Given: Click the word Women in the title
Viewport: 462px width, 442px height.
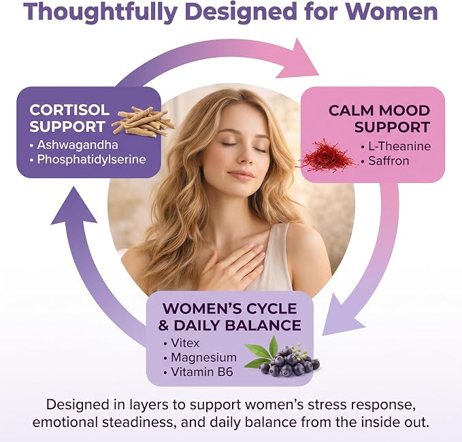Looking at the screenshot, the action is [x=392, y=12].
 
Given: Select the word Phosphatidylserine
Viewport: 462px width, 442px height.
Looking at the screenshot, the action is [x=91, y=159].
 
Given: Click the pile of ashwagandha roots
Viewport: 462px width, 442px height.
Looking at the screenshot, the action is [x=144, y=121].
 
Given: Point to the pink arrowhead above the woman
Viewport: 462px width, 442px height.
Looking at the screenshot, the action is [x=297, y=60].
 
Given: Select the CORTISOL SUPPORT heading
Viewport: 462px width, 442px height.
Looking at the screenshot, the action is [x=69, y=118].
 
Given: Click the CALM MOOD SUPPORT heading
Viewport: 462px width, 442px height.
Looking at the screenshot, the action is [x=379, y=119].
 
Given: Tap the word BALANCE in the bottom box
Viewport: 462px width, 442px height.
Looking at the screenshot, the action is [x=263, y=326].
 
